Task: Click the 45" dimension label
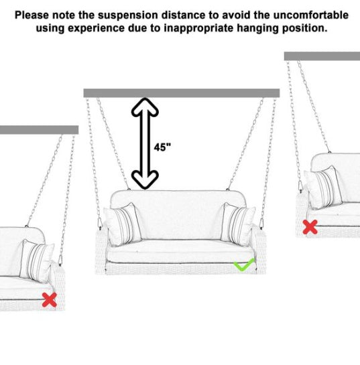[162, 147]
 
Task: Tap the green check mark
[243, 265]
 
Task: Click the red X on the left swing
[50, 299]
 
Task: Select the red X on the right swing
[310, 227]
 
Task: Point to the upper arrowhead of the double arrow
[145, 107]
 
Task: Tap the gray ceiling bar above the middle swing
[182, 93]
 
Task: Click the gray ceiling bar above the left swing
[39, 130]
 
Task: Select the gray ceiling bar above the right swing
[322, 56]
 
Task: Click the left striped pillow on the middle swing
[123, 224]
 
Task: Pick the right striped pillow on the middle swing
[238, 224]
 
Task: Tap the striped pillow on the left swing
[37, 261]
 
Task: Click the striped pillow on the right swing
[323, 187]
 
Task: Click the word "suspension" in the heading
[128, 15]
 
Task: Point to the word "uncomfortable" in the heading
[311, 15]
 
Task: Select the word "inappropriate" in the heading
[198, 29]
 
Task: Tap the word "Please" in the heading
[32, 15]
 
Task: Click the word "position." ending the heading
[305, 29]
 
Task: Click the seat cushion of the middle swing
[180, 251]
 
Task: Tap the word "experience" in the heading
[96, 29]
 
